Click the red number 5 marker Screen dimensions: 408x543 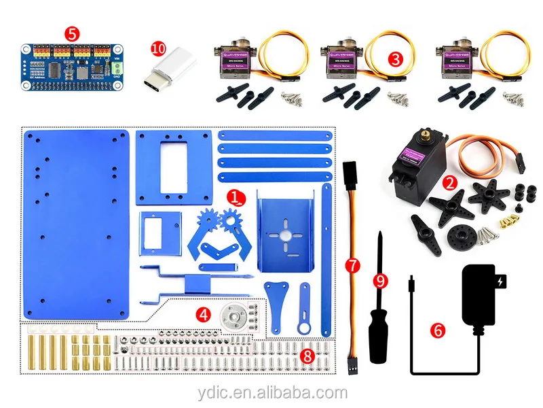pos(71,33)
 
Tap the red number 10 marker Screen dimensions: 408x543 pos(158,49)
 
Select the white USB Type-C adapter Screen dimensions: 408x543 pos(170,73)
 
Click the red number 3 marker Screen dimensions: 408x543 pos(396,58)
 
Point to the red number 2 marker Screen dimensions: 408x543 pos(449,182)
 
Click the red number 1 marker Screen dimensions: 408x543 pos(235,198)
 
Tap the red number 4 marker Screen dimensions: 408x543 pos(203,314)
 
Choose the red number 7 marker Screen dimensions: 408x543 pos(352,266)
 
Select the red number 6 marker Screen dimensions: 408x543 pos(438,330)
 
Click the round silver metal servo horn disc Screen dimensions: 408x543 pos(234,315)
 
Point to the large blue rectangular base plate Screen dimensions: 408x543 pos(75,224)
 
